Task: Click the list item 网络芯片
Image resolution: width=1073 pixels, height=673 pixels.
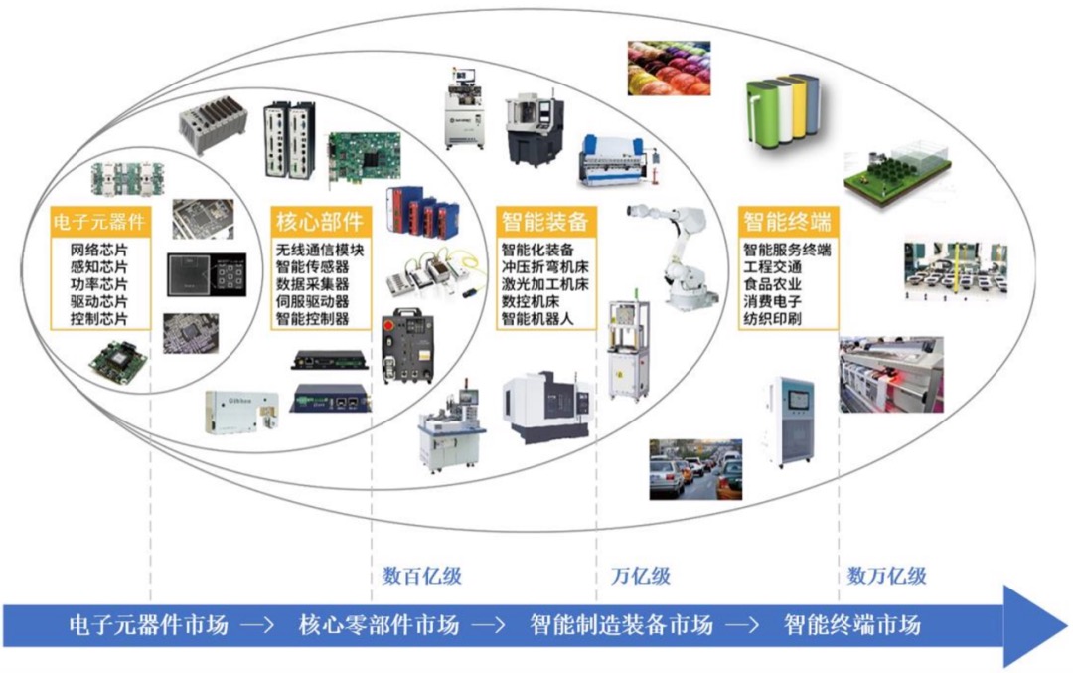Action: point(100,249)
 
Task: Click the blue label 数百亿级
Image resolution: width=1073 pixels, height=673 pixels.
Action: point(422,576)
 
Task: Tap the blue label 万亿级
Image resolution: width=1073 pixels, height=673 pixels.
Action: point(640,576)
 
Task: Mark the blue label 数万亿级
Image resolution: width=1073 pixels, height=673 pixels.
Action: point(887,576)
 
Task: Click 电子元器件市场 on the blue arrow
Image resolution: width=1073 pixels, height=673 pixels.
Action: point(148,625)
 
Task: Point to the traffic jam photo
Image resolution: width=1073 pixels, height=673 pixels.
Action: point(694,469)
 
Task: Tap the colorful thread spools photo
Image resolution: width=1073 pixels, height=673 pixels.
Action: point(669,68)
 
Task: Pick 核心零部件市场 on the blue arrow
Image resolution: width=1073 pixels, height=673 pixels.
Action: point(379,625)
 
